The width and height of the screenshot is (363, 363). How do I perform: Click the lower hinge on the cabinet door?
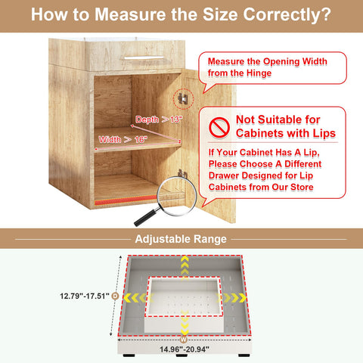pyautogui.click(x=182, y=174)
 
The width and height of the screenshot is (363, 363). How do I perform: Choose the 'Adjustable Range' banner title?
pyautogui.click(x=181, y=240)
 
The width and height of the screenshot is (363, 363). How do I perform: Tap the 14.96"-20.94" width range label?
pyautogui.click(x=184, y=349)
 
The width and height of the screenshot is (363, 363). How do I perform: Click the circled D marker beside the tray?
pyautogui.click(x=115, y=296)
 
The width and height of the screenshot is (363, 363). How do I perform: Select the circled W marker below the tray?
pyautogui.click(x=184, y=338)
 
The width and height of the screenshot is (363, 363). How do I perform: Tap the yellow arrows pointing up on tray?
pyautogui.click(x=185, y=265)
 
